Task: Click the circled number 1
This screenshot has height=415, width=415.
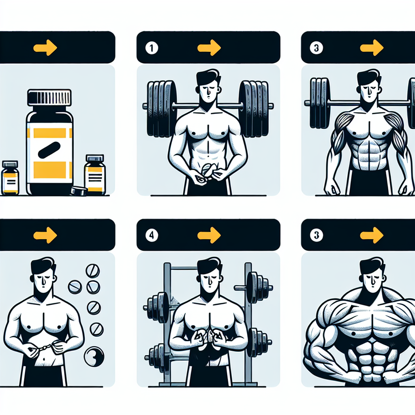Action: [x=152, y=48]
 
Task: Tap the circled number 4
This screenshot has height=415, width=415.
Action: [x=152, y=235]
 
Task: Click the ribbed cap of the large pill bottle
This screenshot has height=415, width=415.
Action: [x=49, y=97]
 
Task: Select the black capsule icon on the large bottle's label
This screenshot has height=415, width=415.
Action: [x=49, y=150]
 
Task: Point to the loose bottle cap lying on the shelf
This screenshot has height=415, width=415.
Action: [x=79, y=191]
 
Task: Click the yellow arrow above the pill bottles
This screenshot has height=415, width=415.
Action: [x=45, y=48]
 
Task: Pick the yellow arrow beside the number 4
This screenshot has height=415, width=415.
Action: [x=209, y=235]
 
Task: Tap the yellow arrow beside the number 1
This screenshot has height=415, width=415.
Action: [x=209, y=48]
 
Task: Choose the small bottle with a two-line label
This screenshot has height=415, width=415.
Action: [x=10, y=178]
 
